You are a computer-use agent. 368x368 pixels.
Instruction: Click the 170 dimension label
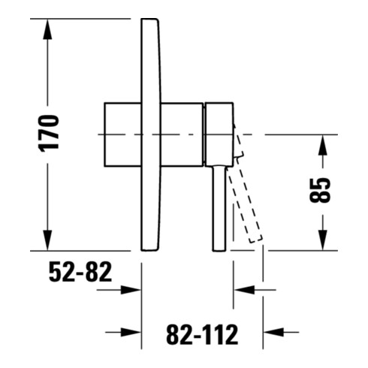click(x=49, y=133)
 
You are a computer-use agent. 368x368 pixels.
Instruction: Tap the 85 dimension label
click(x=320, y=190)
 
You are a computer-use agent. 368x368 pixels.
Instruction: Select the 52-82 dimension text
click(x=80, y=272)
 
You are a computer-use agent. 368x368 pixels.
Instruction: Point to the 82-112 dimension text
click(x=202, y=334)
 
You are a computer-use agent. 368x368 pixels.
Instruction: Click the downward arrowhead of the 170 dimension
click(x=47, y=240)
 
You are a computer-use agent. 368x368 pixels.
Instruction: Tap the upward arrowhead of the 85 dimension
click(x=322, y=145)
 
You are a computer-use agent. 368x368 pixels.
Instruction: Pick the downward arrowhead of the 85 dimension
click(x=322, y=240)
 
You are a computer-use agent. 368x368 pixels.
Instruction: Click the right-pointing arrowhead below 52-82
click(x=131, y=290)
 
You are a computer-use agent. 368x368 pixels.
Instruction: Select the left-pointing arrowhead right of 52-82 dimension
click(x=244, y=290)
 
